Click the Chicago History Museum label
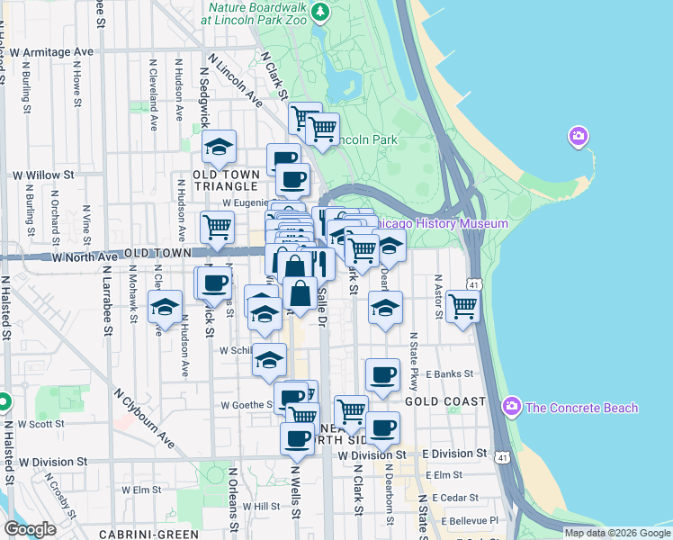(441, 223)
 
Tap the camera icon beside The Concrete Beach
(513, 407)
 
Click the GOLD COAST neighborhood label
(445, 401)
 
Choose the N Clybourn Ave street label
(145, 418)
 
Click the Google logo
(30, 529)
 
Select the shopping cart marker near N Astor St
(462, 306)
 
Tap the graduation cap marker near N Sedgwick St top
(219, 147)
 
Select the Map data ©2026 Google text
(616, 533)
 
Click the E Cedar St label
(455, 497)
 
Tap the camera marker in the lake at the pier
(578, 137)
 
